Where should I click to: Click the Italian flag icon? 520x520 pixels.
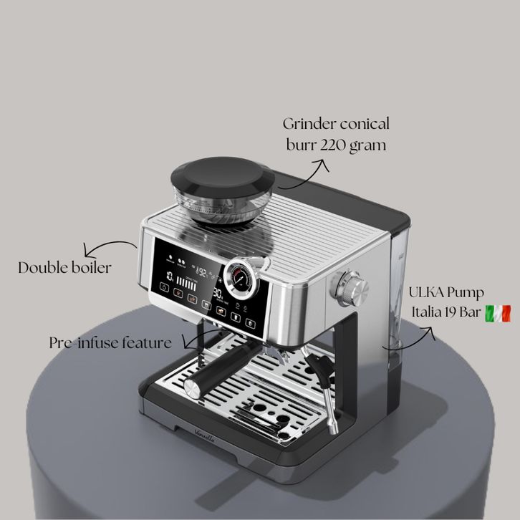pyautogui.click(x=498, y=313)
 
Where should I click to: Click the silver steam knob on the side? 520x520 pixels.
pyautogui.click(x=352, y=289)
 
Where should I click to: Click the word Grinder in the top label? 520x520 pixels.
pyautogui.click(x=312, y=124)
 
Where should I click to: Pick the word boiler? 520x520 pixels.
pyautogui.click(x=92, y=268)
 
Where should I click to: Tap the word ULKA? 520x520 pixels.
pyautogui.click(x=426, y=293)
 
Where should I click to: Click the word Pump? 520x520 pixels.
pyautogui.click(x=467, y=294)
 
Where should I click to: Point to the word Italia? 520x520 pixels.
pyautogui.click(x=428, y=313)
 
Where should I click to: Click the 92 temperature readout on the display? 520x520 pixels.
pyautogui.click(x=203, y=272)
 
